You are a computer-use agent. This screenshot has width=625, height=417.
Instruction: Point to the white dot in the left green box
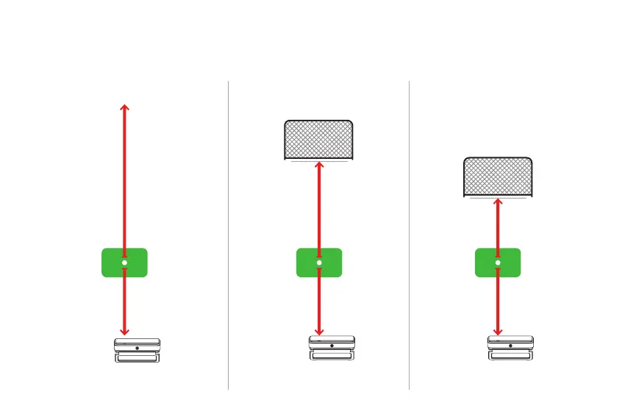tap(124, 263)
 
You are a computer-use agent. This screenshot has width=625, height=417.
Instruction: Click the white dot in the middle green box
tap(319, 263)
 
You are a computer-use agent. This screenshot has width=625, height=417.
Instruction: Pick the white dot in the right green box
tap(498, 263)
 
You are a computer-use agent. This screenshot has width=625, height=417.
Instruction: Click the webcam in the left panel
tap(137, 350)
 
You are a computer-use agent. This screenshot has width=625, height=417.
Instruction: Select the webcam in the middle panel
tap(332, 350)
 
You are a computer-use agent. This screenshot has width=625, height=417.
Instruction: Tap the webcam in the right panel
tap(512, 350)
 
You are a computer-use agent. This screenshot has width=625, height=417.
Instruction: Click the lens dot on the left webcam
tap(137, 345)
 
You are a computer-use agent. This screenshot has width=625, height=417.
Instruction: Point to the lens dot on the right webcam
tap(512, 345)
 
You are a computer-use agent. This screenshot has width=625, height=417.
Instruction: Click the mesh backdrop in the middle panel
tap(318, 139)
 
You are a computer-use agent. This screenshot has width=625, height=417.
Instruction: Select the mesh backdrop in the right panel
tap(498, 177)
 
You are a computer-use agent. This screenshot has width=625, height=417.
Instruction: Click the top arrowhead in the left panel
tap(124, 108)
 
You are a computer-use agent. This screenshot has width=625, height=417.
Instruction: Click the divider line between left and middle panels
tap(229, 235)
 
